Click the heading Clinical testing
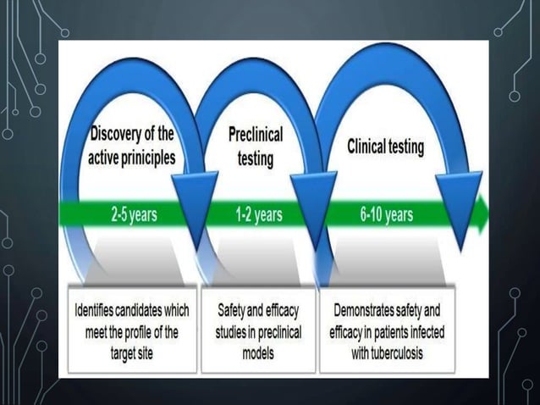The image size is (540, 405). tap(386, 147)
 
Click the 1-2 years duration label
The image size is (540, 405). tap(258, 214)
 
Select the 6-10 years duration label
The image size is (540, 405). tap(386, 214)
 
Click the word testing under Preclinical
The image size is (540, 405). tap(256, 158)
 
